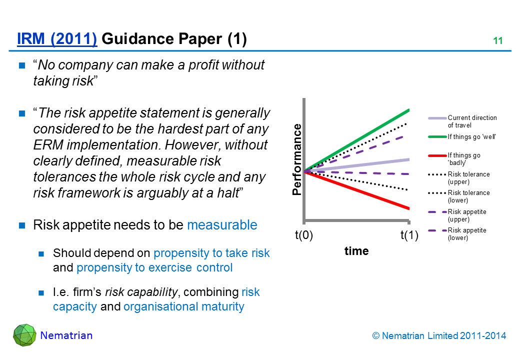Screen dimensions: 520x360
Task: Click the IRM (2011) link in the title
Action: tap(57, 39)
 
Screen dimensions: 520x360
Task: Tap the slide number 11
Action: tap(498, 41)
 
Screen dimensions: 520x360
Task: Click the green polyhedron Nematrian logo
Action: tap(24, 335)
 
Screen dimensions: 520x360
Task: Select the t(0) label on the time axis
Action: tap(304, 235)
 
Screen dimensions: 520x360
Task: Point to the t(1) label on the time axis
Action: tap(409, 235)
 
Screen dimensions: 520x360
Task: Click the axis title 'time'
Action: tap(356, 251)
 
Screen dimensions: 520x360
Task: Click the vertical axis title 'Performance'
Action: tap(297, 159)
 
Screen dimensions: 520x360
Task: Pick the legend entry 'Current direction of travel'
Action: tap(462, 121)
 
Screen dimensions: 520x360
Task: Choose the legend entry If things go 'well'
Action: tap(462, 136)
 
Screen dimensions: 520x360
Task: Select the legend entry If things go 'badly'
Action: tap(454, 159)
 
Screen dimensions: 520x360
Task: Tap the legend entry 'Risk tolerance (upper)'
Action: tap(459, 177)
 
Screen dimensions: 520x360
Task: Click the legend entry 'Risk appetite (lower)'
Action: tap(457, 233)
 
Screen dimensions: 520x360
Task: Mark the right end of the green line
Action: tap(409, 110)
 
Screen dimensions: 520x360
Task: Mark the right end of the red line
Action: tap(409, 208)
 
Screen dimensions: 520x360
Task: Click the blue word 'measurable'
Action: tap(222, 225)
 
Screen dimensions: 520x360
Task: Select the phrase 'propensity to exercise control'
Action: tap(154, 267)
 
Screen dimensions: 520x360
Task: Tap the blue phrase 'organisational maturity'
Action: tap(183, 306)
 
